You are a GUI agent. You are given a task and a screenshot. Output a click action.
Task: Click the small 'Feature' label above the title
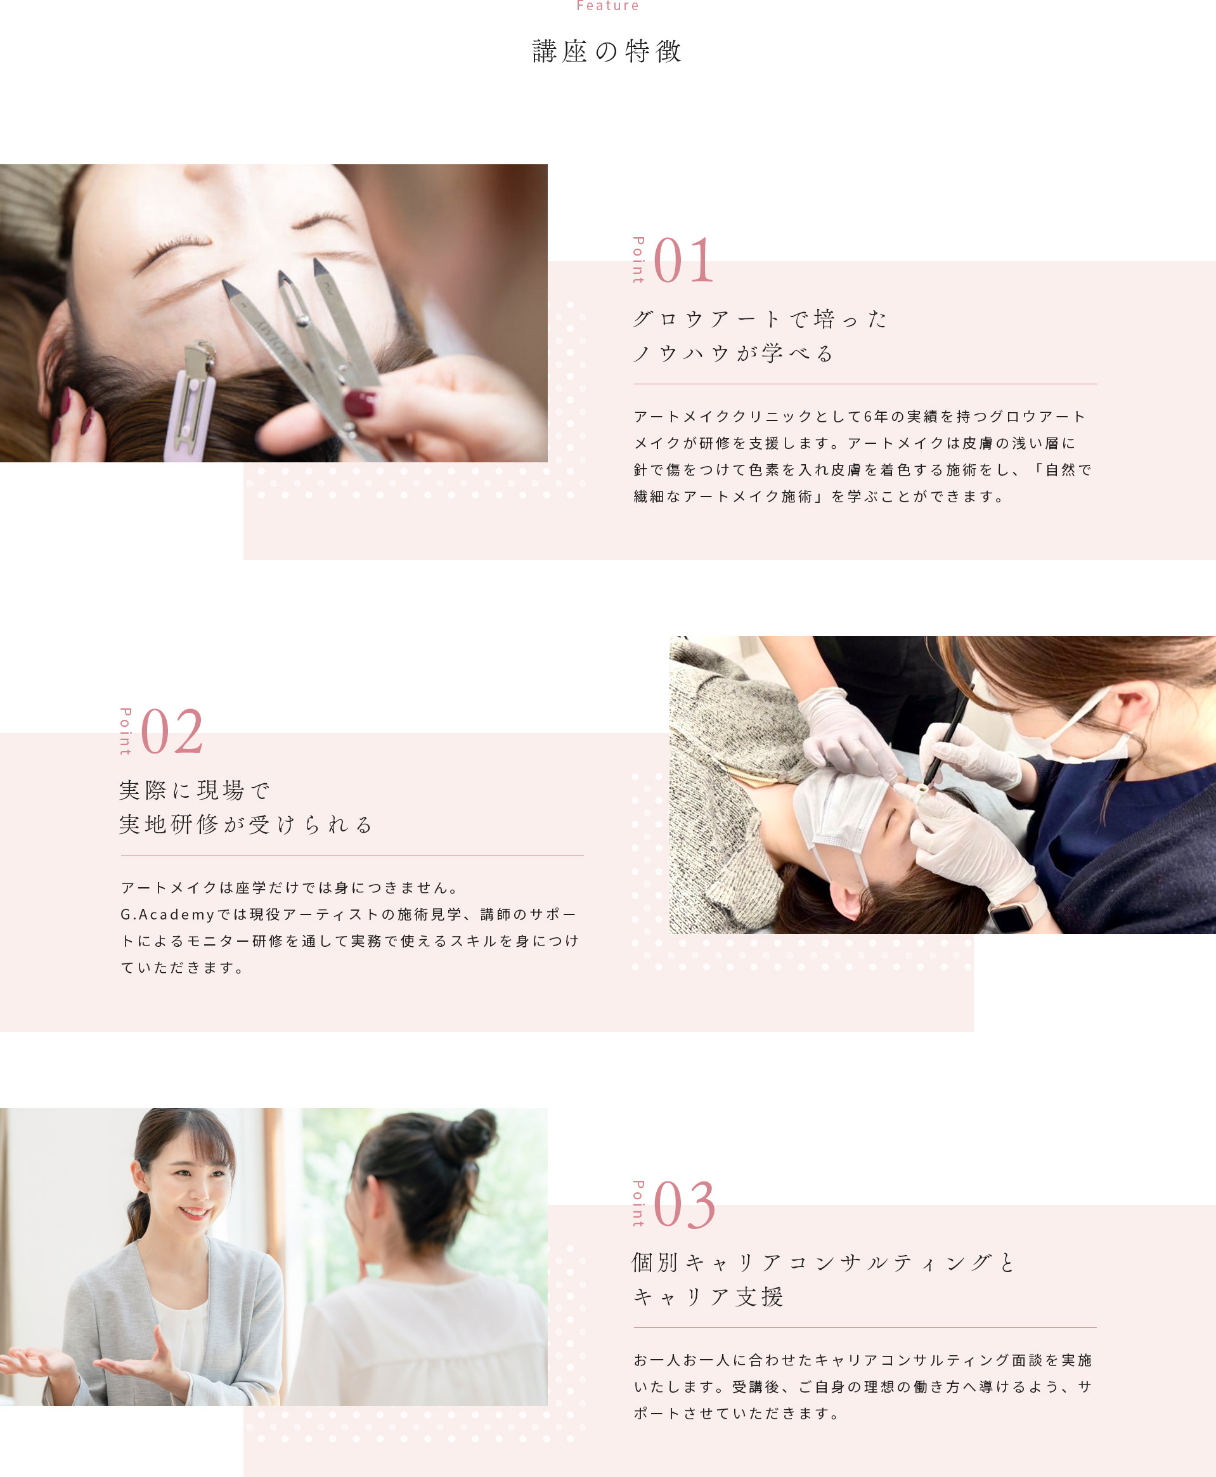pos(607,6)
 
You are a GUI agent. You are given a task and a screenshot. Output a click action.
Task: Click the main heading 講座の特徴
pos(607,51)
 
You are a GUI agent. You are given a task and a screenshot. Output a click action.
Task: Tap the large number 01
pos(683,261)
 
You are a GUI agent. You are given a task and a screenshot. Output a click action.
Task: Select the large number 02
pos(172,731)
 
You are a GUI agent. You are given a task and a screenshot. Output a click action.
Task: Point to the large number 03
pos(684,1204)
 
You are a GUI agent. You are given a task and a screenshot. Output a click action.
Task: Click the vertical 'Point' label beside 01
pos(638,260)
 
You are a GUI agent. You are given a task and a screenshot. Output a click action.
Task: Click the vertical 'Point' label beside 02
pos(126,731)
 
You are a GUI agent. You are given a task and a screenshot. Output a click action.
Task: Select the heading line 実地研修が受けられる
pos(246,824)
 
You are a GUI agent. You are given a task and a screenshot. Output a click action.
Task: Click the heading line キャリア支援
pos(708,1296)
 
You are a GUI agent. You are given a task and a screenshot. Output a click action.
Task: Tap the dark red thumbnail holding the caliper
pos(360,404)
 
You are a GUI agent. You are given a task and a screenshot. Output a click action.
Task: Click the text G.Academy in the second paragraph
pos(167,914)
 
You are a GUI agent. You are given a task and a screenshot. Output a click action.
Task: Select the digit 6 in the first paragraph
pos(867,417)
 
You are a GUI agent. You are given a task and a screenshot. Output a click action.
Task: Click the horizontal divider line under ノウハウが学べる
pos(865,384)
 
